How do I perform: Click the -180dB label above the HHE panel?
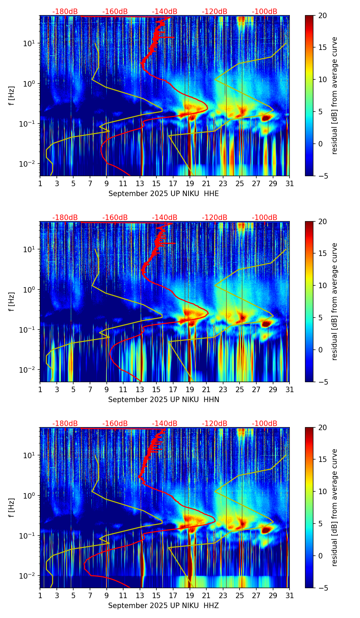coord(65,12)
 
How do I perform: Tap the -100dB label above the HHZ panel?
coord(265,424)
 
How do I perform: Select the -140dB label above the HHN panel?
coord(165,218)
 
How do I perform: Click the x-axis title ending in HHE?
coord(164,194)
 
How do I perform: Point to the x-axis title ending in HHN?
coord(164,400)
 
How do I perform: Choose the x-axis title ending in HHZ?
coord(164,606)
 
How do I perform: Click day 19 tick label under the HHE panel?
coord(190,184)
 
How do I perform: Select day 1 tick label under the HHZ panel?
coord(40,596)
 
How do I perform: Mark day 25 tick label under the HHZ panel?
coord(240,596)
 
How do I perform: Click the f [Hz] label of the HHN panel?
coord(12,301)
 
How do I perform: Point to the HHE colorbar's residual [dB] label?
coord(334,95)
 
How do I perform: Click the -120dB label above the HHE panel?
coord(215,12)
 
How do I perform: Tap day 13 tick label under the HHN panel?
coord(140,390)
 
